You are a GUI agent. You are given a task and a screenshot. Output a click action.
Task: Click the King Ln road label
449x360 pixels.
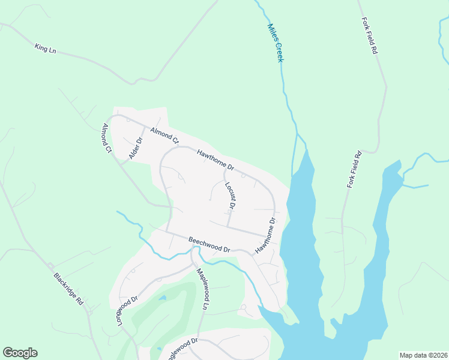click(45, 48)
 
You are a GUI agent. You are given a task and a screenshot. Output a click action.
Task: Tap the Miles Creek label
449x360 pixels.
click(275, 43)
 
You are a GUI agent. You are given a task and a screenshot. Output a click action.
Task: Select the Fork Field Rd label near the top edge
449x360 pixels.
click(369, 37)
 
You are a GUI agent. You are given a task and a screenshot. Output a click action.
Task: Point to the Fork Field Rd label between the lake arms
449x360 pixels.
click(355, 170)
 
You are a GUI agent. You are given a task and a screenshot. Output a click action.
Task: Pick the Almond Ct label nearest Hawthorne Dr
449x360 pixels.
click(164, 136)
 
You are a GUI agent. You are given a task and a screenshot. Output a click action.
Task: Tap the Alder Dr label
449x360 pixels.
click(136, 149)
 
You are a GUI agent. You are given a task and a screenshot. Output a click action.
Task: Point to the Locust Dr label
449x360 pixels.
click(230, 196)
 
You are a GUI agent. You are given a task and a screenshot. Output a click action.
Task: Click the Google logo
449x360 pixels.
click(20, 353)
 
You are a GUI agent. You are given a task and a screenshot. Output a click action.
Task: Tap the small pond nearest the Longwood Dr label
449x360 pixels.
click(163, 298)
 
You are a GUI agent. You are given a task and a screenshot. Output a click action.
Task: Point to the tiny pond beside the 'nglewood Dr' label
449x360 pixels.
click(158, 348)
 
